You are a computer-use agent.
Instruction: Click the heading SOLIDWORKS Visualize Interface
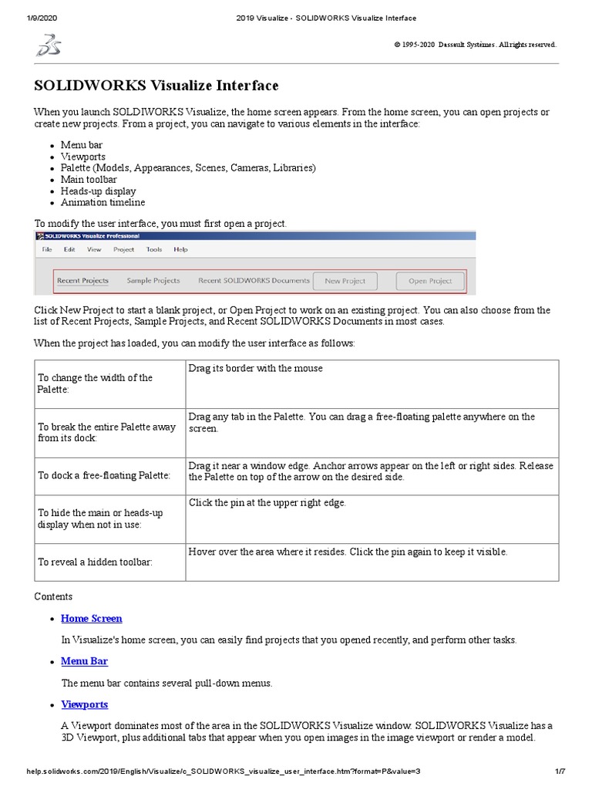[x=156, y=86]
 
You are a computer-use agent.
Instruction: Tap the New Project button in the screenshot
[x=345, y=281]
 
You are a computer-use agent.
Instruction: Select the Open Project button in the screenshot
[x=430, y=281]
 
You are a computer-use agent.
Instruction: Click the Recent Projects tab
[x=83, y=281]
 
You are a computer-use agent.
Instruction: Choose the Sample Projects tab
[x=153, y=281]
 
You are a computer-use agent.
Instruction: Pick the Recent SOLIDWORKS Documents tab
[x=254, y=281]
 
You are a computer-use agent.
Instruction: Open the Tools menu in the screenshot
[x=154, y=249]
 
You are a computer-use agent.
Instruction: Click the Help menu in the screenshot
[x=180, y=249]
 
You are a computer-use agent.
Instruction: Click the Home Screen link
[x=92, y=618]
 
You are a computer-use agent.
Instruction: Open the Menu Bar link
[x=85, y=661]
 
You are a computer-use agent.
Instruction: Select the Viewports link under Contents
[x=85, y=704]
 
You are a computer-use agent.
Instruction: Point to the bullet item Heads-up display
[x=99, y=191]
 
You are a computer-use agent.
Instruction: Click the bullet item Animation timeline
[x=103, y=202]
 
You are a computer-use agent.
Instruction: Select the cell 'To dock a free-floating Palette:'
[x=104, y=475]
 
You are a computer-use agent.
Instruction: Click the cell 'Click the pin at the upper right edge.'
[x=267, y=503]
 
